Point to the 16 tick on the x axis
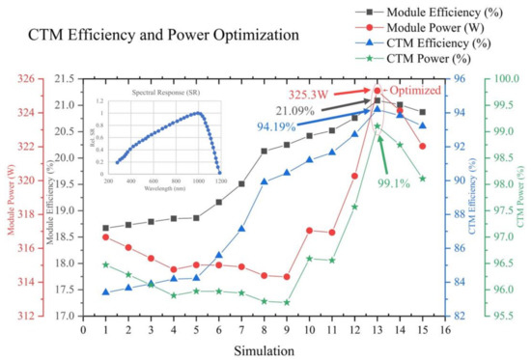[444, 329]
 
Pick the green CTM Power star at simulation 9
[287, 302]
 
